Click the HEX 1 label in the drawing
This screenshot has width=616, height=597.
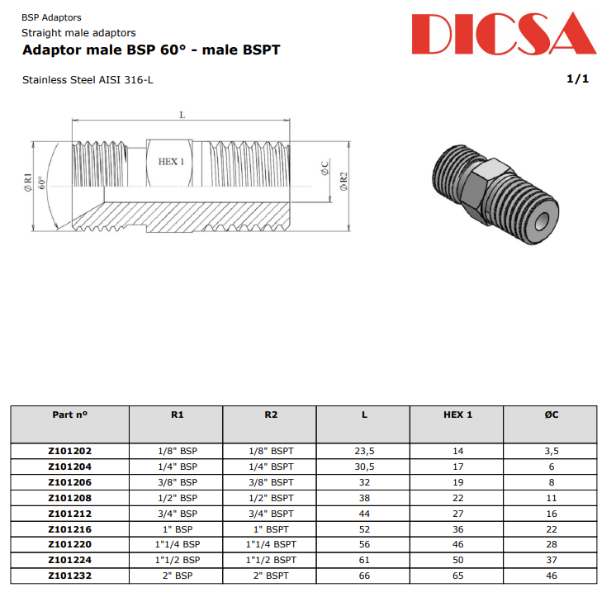coord(171,162)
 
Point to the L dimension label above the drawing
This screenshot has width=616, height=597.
coord(182,115)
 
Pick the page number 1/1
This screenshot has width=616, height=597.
coord(577,79)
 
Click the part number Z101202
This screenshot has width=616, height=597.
coord(69,451)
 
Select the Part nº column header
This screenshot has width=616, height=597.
coord(69,415)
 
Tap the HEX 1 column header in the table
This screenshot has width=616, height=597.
coord(457,415)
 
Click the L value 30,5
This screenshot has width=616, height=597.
coord(364,467)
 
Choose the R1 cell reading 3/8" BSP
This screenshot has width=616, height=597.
coord(177,482)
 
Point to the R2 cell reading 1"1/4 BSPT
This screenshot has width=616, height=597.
coord(271,545)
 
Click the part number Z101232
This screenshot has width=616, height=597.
coord(69,576)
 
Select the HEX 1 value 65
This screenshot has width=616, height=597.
coord(457,576)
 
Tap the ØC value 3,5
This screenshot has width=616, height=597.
coord(551,451)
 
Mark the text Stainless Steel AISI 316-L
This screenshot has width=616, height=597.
coord(88,80)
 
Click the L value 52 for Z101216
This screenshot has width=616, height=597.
coord(364,529)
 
